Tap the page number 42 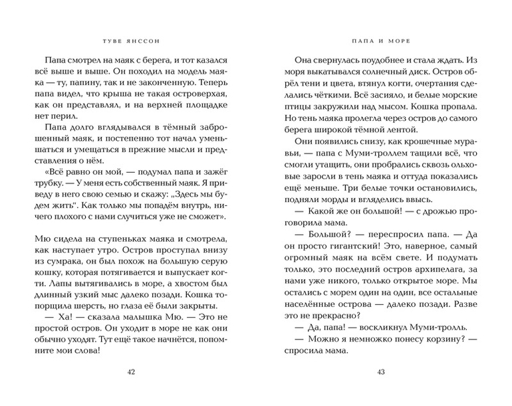coord(130,371)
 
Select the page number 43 coord(381,371)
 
